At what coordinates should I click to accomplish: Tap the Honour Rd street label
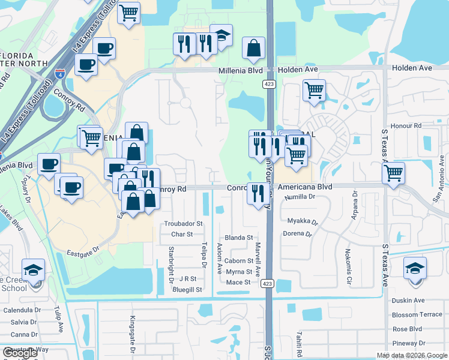[x=406, y=125]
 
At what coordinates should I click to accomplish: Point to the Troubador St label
[x=184, y=223]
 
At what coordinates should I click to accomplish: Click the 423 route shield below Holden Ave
[x=268, y=85]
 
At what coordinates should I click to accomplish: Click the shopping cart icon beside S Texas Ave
[x=393, y=173]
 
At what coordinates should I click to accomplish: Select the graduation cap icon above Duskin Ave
[x=415, y=268]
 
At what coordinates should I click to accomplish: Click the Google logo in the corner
[x=20, y=353]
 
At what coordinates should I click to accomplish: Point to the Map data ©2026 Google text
[x=411, y=355]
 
